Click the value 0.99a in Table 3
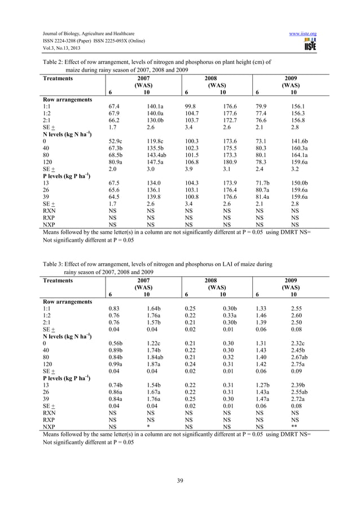(117, 364)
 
